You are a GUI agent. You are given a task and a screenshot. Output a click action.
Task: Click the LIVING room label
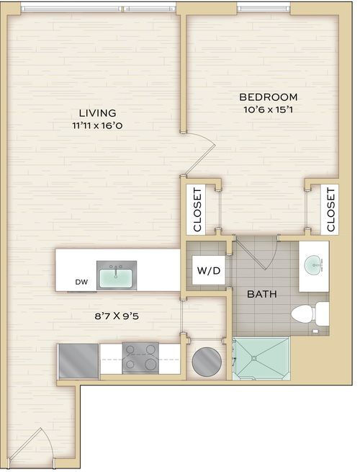pyautogui.click(x=97, y=113)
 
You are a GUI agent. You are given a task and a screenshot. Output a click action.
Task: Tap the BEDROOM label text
pyautogui.click(x=269, y=97)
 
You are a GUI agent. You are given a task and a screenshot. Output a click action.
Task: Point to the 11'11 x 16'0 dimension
pyautogui.click(x=97, y=125)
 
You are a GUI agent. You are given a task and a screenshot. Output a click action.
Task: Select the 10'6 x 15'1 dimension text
pyautogui.click(x=269, y=110)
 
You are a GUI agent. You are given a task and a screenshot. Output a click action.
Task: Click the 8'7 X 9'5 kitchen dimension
pyautogui.click(x=117, y=316)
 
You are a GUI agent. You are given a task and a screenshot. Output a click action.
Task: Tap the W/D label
pyautogui.click(x=209, y=271)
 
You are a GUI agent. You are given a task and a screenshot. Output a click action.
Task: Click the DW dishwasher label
pyautogui.click(x=81, y=282)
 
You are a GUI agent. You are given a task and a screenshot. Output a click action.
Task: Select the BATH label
pyautogui.click(x=262, y=294)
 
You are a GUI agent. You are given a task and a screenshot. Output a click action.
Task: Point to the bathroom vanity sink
pyautogui.click(x=314, y=265)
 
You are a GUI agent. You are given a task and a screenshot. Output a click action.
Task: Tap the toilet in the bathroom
pyautogui.click(x=310, y=313)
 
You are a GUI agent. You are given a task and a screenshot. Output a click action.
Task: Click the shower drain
pyautogui.click(x=254, y=358)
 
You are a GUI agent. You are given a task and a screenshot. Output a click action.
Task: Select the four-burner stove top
pyautogui.click(x=140, y=358)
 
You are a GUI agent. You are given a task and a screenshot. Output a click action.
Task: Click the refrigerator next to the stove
pyautogui.click(x=78, y=361)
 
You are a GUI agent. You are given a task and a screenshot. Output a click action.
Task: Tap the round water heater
pyautogui.click(x=207, y=362)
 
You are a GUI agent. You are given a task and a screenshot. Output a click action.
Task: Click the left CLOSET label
pyautogui.click(x=197, y=210)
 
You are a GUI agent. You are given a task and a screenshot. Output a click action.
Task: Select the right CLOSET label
pyautogui.click(x=330, y=210)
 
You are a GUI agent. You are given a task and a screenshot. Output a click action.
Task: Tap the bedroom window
pyautogui.click(x=264, y=7)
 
